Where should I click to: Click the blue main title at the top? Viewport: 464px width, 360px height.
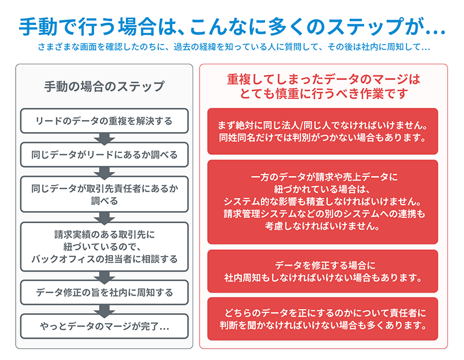233,27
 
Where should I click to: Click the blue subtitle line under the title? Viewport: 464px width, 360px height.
234,47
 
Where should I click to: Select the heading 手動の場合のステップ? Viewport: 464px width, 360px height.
104,86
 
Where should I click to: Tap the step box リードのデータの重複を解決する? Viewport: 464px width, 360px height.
104,121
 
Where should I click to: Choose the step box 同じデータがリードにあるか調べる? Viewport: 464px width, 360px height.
104,155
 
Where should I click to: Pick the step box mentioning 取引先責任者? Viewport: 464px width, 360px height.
104,194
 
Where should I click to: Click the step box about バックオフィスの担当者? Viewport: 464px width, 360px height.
104,247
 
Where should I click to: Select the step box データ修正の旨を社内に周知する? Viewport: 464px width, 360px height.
104,292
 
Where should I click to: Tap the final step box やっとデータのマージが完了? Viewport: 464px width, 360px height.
104,326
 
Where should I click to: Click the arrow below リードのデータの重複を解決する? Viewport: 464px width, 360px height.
104,139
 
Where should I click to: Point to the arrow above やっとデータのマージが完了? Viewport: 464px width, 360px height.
104,311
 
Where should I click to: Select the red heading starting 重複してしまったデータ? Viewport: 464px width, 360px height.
324,86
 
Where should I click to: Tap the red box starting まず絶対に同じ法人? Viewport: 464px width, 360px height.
322,132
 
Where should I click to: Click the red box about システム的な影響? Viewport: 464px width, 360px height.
322,202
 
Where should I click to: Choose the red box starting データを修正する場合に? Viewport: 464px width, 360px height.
322,271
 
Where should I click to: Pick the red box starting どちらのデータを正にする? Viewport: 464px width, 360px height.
322,319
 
